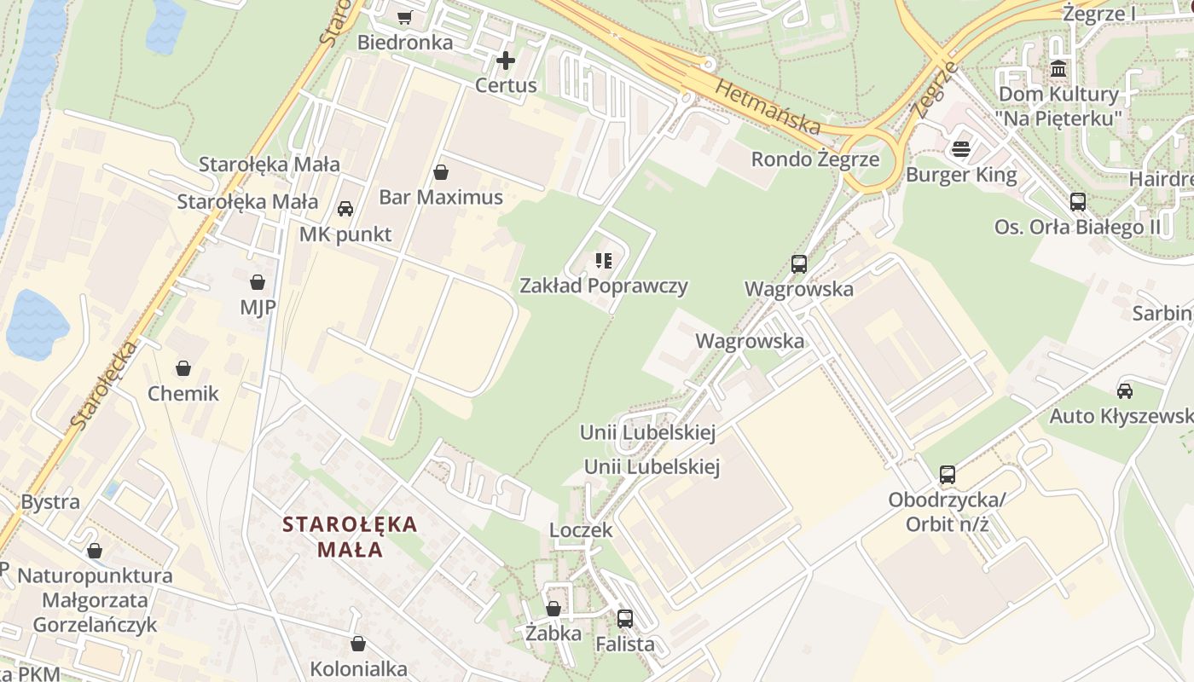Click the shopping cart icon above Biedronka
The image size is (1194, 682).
404,17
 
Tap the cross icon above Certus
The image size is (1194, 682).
506,61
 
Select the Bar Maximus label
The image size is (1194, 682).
441,198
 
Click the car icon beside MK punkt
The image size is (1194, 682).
345,209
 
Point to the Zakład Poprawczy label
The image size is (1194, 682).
604,286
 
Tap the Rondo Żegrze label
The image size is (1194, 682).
814,159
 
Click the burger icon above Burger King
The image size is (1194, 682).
961,150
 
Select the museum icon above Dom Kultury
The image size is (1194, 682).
1058,68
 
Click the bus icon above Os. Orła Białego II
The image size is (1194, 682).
1078,202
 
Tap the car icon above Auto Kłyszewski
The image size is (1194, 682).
1125,391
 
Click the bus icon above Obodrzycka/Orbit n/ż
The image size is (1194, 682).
948,475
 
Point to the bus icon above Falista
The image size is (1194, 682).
625,619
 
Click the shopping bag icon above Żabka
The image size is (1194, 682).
554,609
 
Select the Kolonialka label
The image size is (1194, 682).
358,669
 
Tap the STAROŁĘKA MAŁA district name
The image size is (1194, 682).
350,536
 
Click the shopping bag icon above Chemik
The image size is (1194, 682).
183,368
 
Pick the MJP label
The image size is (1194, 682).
258,307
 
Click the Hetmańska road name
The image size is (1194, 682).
768,107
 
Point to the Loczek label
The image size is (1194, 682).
581,530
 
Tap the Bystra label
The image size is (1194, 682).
50,501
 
